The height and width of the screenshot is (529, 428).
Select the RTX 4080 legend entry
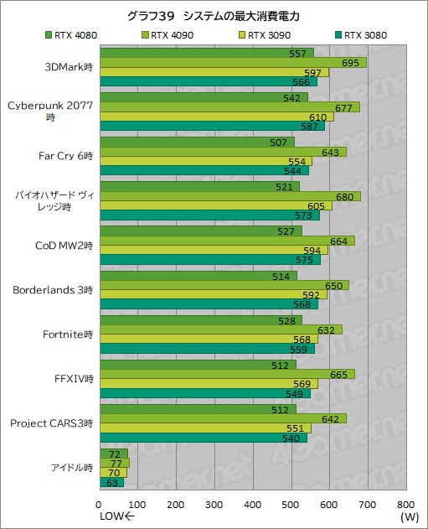(x=71, y=35)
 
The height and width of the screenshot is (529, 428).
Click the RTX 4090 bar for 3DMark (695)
(x=233, y=63)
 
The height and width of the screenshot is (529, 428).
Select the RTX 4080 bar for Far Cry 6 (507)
(x=197, y=141)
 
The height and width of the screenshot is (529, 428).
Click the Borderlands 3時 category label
(x=53, y=290)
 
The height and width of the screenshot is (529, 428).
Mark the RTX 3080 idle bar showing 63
(x=111, y=482)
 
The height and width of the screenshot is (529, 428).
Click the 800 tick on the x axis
(x=405, y=505)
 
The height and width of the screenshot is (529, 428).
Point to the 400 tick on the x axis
(x=253, y=505)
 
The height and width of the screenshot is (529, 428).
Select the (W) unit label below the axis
(x=410, y=517)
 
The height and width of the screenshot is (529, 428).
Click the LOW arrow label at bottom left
(x=116, y=517)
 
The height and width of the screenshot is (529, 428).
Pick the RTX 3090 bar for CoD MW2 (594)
(x=214, y=250)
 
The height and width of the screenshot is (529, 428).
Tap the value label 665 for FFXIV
(x=340, y=374)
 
